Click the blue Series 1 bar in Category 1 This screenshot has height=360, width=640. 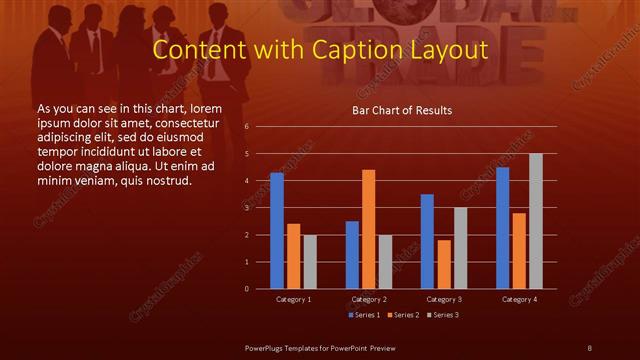(277, 231)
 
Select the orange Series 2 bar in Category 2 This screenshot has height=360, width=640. (369, 229)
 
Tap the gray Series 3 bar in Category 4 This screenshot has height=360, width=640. (536, 221)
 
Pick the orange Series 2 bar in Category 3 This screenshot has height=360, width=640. (444, 264)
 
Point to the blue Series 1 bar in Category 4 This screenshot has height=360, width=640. (502, 228)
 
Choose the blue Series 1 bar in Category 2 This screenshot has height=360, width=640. (352, 255)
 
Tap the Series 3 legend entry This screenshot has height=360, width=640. (444, 315)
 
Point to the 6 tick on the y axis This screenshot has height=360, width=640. (247, 127)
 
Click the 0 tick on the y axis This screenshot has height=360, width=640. (247, 289)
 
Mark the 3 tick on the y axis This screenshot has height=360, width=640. (247, 208)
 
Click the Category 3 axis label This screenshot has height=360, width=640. (444, 299)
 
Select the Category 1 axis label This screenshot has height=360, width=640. (293, 299)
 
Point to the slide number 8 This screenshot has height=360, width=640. (589, 347)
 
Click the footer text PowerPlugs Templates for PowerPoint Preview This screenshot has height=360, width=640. (321, 347)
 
